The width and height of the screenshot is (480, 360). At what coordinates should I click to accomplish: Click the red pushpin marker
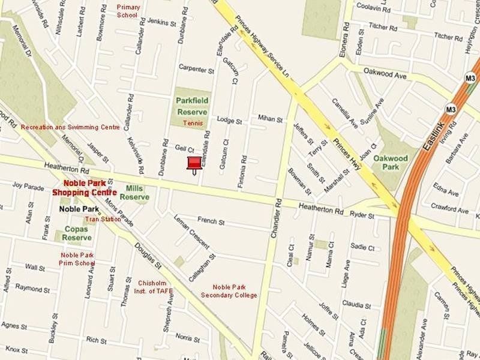(x=194, y=164)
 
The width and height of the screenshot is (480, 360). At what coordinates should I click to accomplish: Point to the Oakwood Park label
(x=390, y=163)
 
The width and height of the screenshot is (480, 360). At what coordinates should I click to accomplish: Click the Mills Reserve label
(x=134, y=192)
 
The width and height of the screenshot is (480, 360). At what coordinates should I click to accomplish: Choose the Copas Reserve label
(x=77, y=233)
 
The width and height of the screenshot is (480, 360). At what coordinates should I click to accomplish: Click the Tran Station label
(x=103, y=219)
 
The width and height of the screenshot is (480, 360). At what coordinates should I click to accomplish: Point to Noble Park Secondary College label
(x=229, y=291)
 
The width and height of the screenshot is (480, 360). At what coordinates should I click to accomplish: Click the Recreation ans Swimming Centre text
(x=70, y=127)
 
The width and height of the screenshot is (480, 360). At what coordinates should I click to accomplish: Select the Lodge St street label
(x=229, y=121)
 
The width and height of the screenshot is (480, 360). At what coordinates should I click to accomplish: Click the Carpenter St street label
(x=196, y=70)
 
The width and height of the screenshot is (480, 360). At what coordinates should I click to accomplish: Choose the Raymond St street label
(x=32, y=288)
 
